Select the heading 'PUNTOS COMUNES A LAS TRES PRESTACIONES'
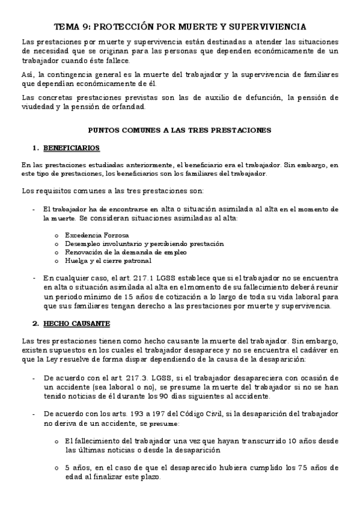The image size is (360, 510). [x=180, y=130]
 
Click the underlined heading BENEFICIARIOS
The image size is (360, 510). [x=71, y=148]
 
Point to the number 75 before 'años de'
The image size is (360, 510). [x=287, y=467]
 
